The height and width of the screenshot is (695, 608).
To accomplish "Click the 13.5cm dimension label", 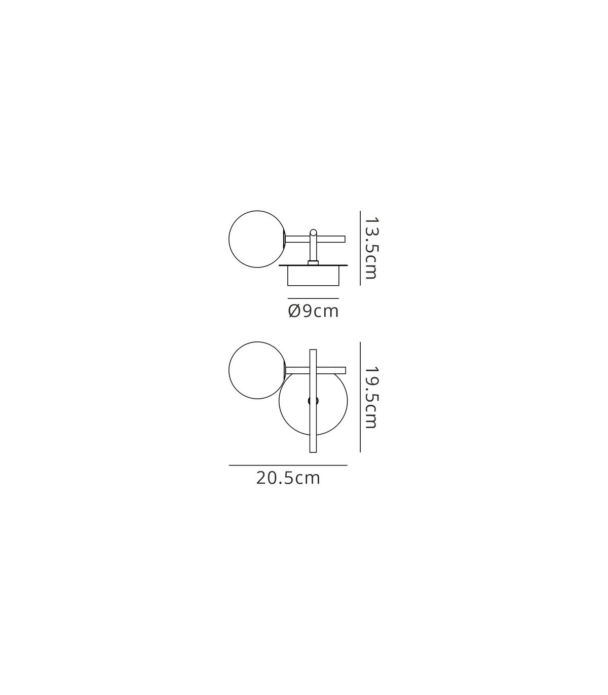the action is click(x=370, y=248).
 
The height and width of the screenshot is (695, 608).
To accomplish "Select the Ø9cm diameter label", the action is click(x=313, y=311).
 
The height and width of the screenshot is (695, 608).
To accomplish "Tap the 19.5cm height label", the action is click(x=370, y=397).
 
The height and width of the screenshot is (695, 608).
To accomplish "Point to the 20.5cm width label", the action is click(x=288, y=478).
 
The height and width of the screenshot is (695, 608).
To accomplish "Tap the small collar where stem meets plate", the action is click(x=313, y=262).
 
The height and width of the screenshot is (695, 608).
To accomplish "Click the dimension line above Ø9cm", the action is click(x=313, y=298).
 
